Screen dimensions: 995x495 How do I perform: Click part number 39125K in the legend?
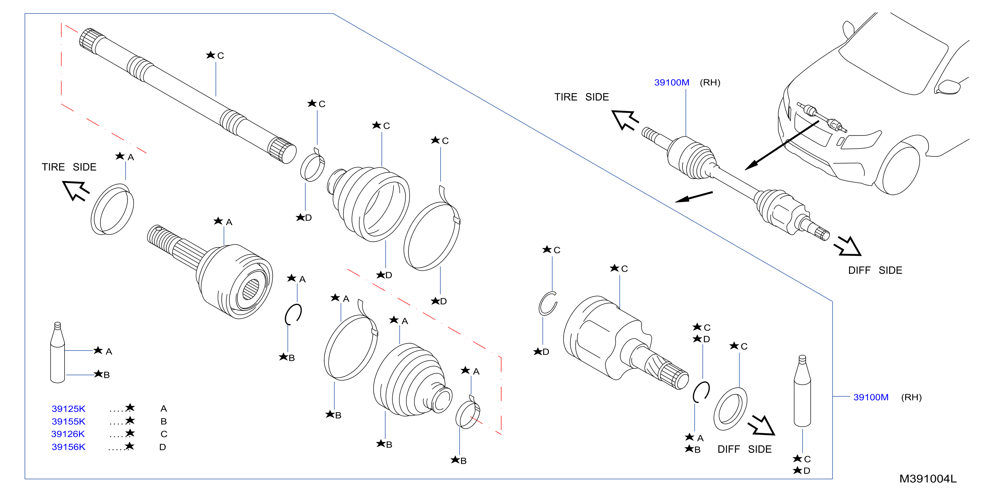coord(68,409)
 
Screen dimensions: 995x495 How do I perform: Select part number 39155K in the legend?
coord(68,421)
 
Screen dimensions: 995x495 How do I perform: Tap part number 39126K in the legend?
coord(68,434)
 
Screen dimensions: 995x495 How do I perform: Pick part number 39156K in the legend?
coord(68,447)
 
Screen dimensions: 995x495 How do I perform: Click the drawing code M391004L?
coord(928,479)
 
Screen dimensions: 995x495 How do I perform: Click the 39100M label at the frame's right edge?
coord(871,397)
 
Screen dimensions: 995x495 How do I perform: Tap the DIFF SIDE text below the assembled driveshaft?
coord(875,271)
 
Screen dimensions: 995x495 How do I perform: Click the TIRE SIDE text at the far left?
coord(69,167)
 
